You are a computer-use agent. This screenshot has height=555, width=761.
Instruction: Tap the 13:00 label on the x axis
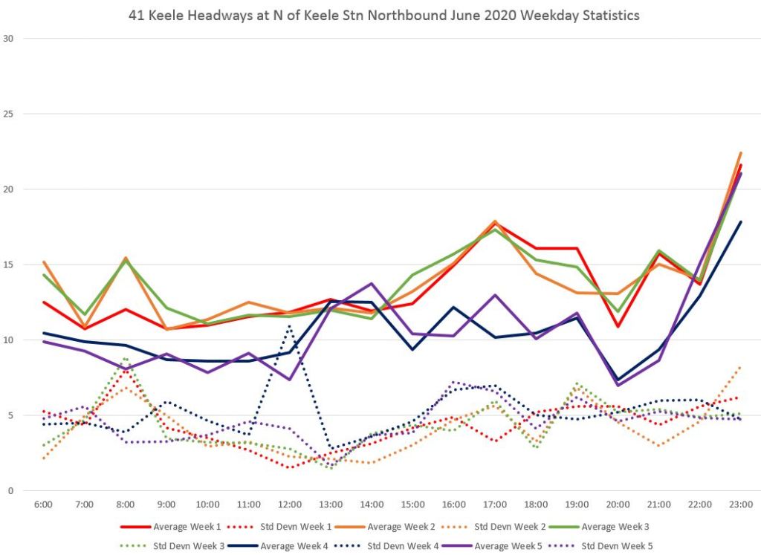coord(331,504)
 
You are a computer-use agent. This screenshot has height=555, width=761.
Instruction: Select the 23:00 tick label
coord(740,504)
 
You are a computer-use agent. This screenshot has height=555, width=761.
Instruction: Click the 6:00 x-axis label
coord(44,504)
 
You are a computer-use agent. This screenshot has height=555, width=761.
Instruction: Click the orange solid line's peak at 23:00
coord(741,152)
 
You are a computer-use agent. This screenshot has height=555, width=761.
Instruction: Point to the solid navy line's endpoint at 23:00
coord(741,221)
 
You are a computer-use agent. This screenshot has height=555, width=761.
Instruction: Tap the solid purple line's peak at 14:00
coord(372,283)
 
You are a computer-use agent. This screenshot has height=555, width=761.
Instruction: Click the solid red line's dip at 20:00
coord(618,326)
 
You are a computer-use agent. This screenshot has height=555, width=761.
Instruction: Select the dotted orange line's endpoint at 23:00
coord(741,366)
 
